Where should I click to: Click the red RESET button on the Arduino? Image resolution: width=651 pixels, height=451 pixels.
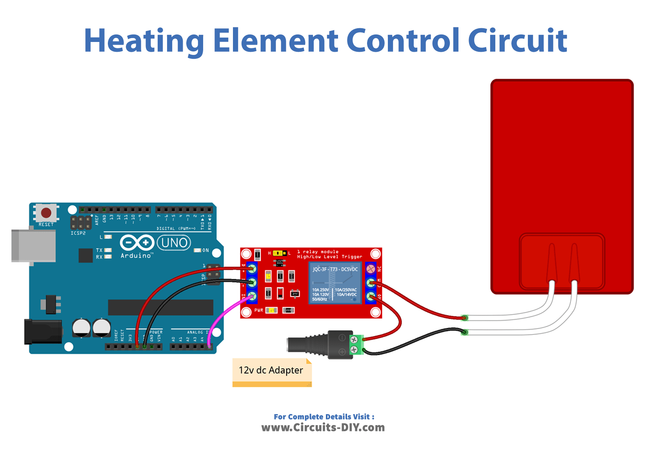pos(46,213)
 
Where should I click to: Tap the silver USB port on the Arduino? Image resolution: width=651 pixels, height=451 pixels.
pos(33,246)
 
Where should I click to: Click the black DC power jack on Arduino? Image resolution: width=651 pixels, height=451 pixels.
pos(43,331)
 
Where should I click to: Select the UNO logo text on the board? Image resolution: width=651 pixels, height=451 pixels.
pos(174,243)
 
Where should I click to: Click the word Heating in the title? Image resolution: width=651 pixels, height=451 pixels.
pos(144,41)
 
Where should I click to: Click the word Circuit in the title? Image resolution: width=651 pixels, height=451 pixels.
pos(517,41)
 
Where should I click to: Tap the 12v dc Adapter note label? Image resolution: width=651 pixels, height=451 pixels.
pos(271,370)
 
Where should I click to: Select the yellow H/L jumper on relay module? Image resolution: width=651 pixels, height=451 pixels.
pos(279,253)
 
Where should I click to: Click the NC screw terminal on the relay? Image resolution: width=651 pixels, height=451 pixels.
pos(371,269)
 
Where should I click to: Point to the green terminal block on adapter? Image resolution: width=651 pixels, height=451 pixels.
pos(356,345)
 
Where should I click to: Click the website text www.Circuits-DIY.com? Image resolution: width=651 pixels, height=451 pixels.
pos(323,427)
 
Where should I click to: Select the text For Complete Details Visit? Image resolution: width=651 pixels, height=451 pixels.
pos(324,417)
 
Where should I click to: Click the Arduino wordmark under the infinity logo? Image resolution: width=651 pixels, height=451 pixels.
pos(136,256)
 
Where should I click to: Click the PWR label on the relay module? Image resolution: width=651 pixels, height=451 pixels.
pos(258,310)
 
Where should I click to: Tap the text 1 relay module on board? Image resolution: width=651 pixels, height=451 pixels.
pos(318,252)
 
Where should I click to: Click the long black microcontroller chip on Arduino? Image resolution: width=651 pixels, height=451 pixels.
pos(160,307)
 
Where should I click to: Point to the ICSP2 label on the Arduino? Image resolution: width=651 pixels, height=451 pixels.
pos(78,233)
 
